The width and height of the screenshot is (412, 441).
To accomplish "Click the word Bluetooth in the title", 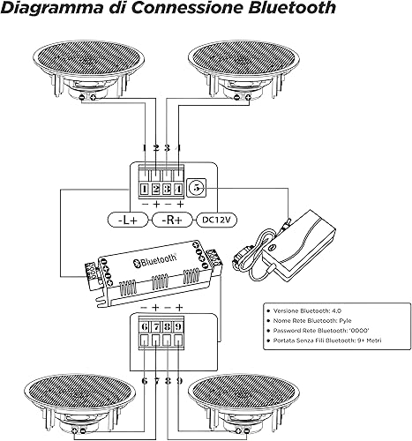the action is (292, 7).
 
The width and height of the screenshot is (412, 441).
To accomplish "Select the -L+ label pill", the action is (128, 220).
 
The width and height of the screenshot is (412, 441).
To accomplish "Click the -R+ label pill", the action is (172, 220).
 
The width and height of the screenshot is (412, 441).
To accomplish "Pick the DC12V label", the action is (217, 220).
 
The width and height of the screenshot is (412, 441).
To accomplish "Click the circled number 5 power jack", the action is (197, 187).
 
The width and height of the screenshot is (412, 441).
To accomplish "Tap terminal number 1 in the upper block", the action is (145, 189).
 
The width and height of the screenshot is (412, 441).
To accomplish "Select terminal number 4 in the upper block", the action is (178, 189).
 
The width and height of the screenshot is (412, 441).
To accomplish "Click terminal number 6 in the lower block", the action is (145, 326).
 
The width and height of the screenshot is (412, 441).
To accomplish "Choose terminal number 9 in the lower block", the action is (178, 326).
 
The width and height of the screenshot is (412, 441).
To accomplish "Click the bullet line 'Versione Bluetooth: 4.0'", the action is (307, 310).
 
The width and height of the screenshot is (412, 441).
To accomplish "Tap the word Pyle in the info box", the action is (345, 321).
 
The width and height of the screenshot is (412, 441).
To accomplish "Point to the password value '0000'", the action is (359, 331).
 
